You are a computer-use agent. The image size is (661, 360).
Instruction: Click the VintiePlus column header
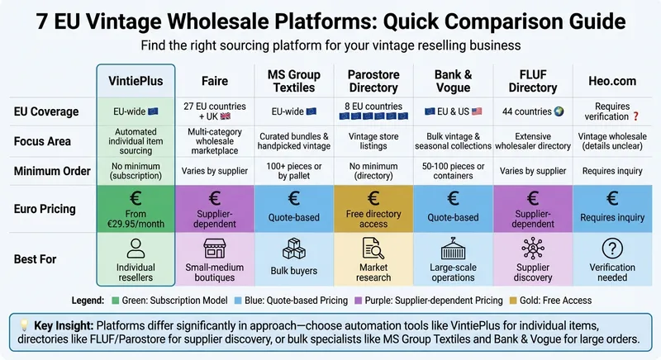[136, 83]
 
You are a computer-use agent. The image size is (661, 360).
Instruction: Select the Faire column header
[215, 83]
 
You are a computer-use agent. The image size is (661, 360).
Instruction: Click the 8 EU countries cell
[373, 106]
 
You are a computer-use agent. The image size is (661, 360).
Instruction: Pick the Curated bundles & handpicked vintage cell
[294, 142]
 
